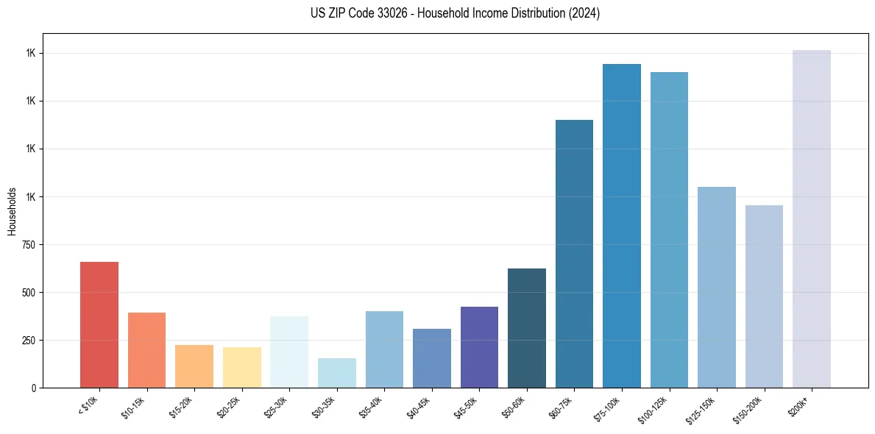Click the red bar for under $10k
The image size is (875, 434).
click(x=99, y=324)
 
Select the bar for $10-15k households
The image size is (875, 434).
click(x=146, y=350)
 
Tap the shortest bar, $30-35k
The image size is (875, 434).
click(x=337, y=373)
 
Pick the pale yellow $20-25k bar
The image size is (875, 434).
click(x=242, y=367)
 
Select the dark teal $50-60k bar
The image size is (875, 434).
click(x=527, y=328)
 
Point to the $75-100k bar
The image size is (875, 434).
click(x=622, y=226)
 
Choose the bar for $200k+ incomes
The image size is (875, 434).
click(x=812, y=218)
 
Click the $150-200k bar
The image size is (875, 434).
click(x=764, y=296)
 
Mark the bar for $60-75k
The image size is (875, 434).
click(x=574, y=254)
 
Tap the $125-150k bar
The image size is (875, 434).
click(x=717, y=287)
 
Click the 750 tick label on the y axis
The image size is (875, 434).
click(x=28, y=245)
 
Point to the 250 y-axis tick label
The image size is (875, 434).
click(x=28, y=341)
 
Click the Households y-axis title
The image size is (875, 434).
click(x=12, y=211)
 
